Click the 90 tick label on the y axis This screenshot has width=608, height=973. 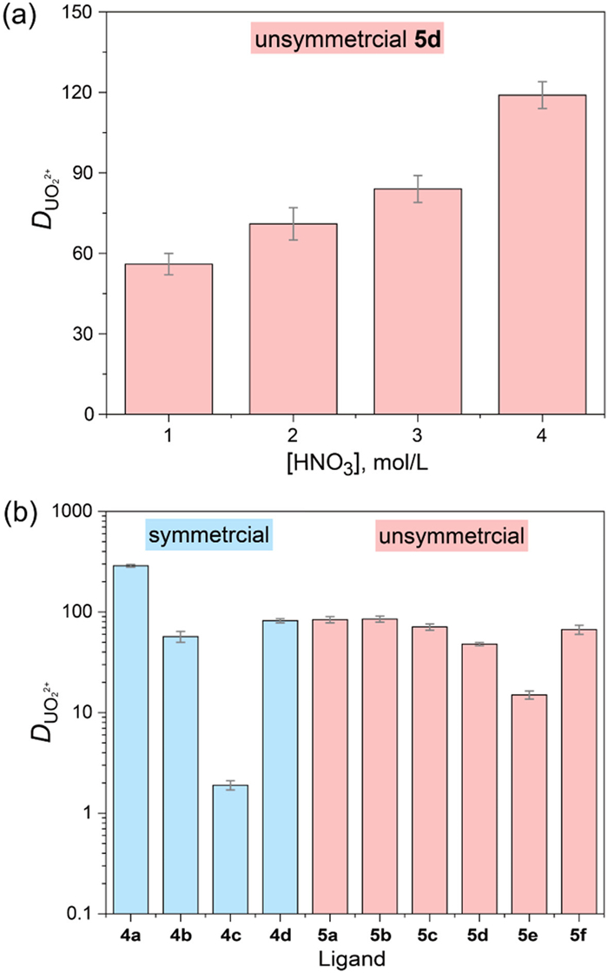pyautogui.click(x=84, y=173)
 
